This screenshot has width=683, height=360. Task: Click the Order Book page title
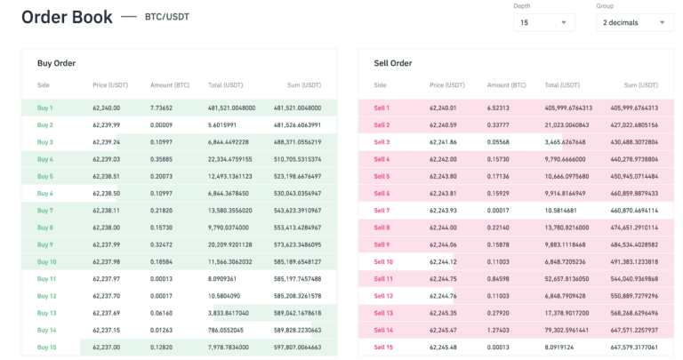click(x=67, y=17)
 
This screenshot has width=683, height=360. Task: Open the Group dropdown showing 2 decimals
click(x=634, y=22)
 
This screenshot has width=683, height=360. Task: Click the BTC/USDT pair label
click(x=167, y=17)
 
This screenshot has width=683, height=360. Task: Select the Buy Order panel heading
click(x=56, y=63)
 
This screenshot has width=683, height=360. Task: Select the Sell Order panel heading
click(x=393, y=63)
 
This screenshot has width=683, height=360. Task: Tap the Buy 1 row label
click(x=45, y=108)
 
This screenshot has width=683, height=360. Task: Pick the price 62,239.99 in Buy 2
click(x=107, y=125)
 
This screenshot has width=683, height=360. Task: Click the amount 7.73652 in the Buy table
click(x=161, y=108)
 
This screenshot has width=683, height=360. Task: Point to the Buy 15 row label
click(x=46, y=348)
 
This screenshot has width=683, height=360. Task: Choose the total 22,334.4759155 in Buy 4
click(x=231, y=159)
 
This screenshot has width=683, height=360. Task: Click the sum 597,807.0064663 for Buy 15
click(x=297, y=348)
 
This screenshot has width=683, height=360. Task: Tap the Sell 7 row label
click(x=382, y=211)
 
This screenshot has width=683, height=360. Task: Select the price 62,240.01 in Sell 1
click(x=443, y=108)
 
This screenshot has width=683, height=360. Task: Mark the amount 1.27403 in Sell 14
click(x=499, y=331)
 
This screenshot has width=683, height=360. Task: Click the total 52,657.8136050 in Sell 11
click(x=566, y=279)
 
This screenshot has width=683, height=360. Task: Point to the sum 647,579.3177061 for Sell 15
click(x=634, y=348)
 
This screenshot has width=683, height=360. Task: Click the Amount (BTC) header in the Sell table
click(x=507, y=85)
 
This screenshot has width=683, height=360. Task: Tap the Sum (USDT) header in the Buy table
click(x=304, y=85)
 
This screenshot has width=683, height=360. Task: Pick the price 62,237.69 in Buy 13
click(x=107, y=313)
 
